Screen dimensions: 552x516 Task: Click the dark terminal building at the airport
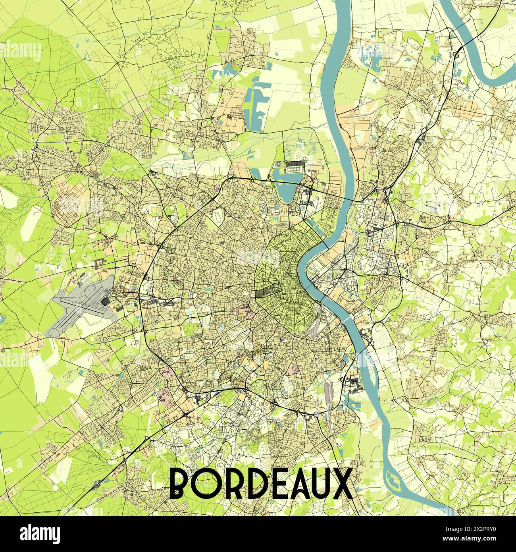[x=105, y=303]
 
